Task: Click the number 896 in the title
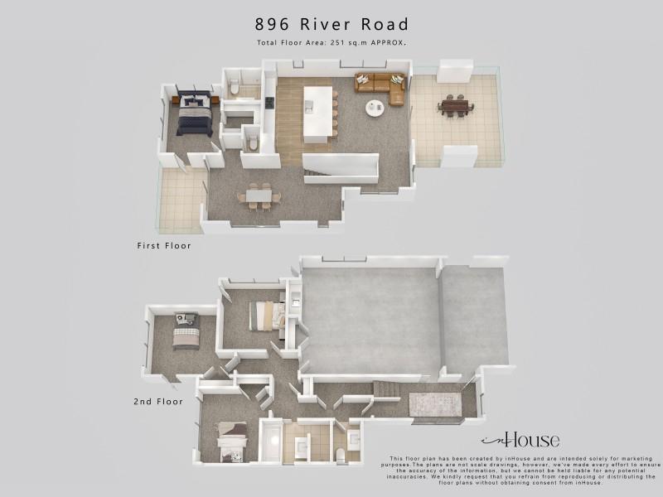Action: (272, 25)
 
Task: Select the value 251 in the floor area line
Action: (339, 43)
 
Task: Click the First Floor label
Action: (164, 245)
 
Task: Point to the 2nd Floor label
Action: (158, 402)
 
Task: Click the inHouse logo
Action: (520, 441)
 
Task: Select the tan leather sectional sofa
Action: (380, 88)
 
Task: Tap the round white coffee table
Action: (375, 109)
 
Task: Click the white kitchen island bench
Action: (318, 114)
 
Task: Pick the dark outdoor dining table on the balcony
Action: (455, 106)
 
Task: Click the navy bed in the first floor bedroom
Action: (195, 113)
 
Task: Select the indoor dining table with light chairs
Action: (259, 196)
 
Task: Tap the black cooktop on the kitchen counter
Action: (269, 103)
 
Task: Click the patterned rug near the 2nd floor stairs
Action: (434, 404)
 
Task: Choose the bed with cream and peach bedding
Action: (266, 316)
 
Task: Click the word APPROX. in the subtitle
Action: (389, 43)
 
